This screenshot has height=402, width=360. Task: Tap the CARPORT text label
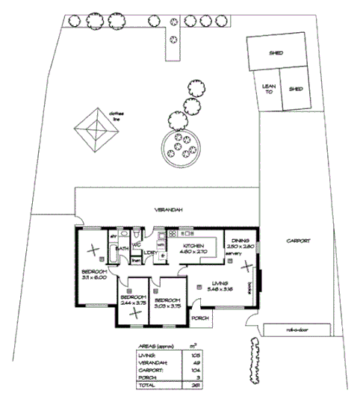click(x=297, y=241)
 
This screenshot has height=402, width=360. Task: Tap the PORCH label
click(x=199, y=318)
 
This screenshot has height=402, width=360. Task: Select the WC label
click(x=137, y=244)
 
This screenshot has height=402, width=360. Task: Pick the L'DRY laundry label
click(x=149, y=252)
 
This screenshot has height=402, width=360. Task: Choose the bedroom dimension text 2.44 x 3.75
click(x=134, y=304)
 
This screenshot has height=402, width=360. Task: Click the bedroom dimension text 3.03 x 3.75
click(x=169, y=304)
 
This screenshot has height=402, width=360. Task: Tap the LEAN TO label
click(x=267, y=88)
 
